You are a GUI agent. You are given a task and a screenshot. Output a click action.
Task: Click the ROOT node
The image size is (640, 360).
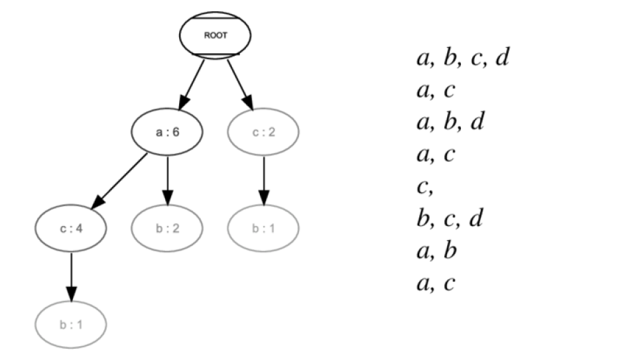point(215,35)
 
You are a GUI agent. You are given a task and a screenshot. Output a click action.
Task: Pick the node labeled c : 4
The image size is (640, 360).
point(70,229)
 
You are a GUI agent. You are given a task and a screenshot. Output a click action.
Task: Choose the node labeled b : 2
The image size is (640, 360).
point(167,229)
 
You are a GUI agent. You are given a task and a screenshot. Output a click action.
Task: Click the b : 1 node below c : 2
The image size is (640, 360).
point(263,229)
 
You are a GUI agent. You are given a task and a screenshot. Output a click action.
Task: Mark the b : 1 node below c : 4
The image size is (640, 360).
point(70,325)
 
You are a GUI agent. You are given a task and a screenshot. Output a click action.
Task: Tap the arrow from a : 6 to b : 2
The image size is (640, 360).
point(168,180)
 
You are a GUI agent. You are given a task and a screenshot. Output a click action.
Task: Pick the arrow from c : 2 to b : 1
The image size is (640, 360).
point(263,180)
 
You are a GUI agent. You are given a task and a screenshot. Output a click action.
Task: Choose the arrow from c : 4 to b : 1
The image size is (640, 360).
point(71,277)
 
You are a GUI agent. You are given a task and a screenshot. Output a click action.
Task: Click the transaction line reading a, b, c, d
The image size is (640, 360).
point(462,58)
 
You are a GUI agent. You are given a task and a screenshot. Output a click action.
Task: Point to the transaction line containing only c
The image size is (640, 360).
point(424,187)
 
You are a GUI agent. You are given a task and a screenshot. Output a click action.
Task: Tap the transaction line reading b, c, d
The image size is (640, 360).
point(450,219)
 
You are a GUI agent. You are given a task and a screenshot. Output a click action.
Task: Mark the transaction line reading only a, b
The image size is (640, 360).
point(437,251)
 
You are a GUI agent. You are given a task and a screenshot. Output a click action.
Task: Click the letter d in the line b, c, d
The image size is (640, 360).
point(475,218)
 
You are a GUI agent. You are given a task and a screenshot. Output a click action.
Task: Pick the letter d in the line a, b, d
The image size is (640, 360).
point(476,122)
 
